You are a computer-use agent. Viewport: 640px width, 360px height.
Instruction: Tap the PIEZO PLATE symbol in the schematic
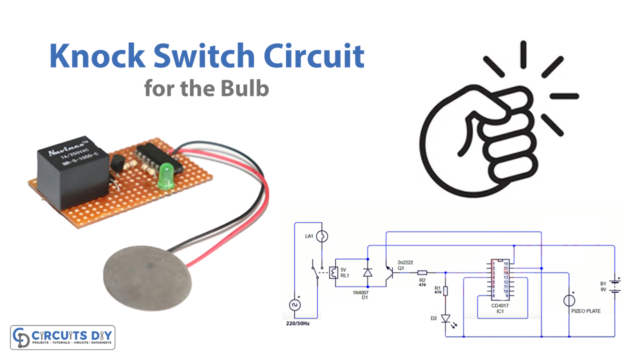570,299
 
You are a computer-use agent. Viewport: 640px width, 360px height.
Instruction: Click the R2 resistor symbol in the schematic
422,271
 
